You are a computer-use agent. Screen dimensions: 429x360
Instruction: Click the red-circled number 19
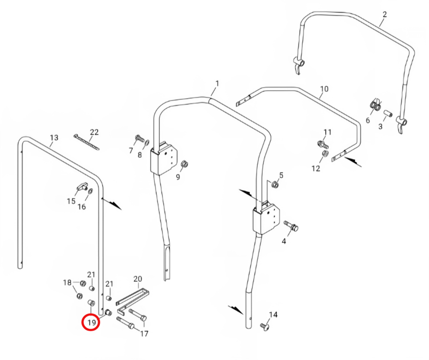(92, 322)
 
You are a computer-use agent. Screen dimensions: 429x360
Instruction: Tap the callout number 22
(94, 132)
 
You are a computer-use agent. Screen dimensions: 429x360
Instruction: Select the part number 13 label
(54, 137)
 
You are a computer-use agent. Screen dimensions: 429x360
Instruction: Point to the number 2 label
(385, 14)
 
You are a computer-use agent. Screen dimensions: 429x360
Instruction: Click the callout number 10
(324, 89)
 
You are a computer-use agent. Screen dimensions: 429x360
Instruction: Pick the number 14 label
(273, 315)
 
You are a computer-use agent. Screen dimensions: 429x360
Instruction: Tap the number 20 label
(138, 279)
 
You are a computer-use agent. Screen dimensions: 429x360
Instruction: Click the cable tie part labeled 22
(86, 142)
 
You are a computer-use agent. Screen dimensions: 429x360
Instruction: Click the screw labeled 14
(264, 326)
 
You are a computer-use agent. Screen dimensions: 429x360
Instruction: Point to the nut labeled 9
(184, 164)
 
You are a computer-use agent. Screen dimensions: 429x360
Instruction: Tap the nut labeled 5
(275, 185)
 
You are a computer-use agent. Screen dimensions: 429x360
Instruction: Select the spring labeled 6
(376, 105)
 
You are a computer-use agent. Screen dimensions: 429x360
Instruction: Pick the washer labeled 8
(147, 142)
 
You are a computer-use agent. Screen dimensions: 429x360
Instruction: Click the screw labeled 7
(140, 138)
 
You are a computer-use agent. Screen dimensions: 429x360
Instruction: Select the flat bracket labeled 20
(132, 300)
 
